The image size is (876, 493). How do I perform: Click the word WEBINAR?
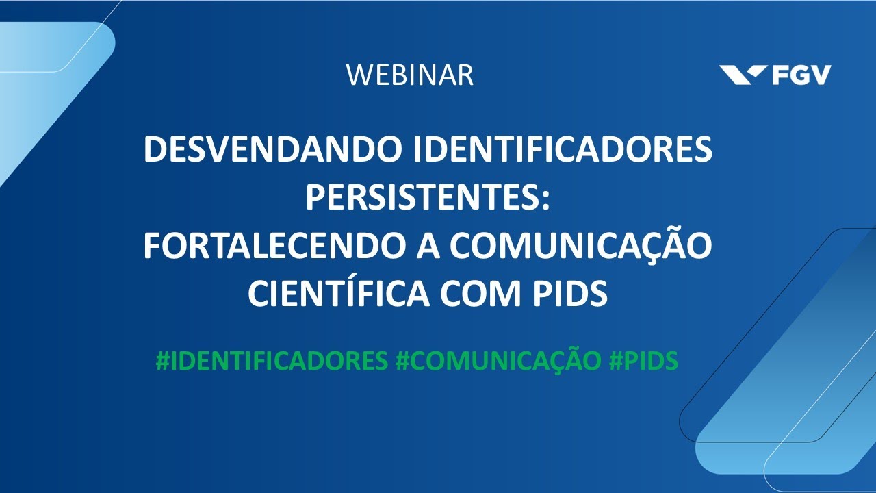409,75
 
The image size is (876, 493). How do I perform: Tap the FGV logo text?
801,75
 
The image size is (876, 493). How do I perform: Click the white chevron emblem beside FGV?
744,74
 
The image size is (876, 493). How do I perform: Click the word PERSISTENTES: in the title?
428,199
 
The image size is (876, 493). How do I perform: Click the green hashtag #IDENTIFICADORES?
272,362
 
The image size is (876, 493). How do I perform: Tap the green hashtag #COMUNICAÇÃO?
498,362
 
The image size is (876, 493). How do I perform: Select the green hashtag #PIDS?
643,362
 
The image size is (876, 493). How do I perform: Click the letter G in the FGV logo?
801,75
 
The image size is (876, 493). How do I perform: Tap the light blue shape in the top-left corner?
41,75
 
